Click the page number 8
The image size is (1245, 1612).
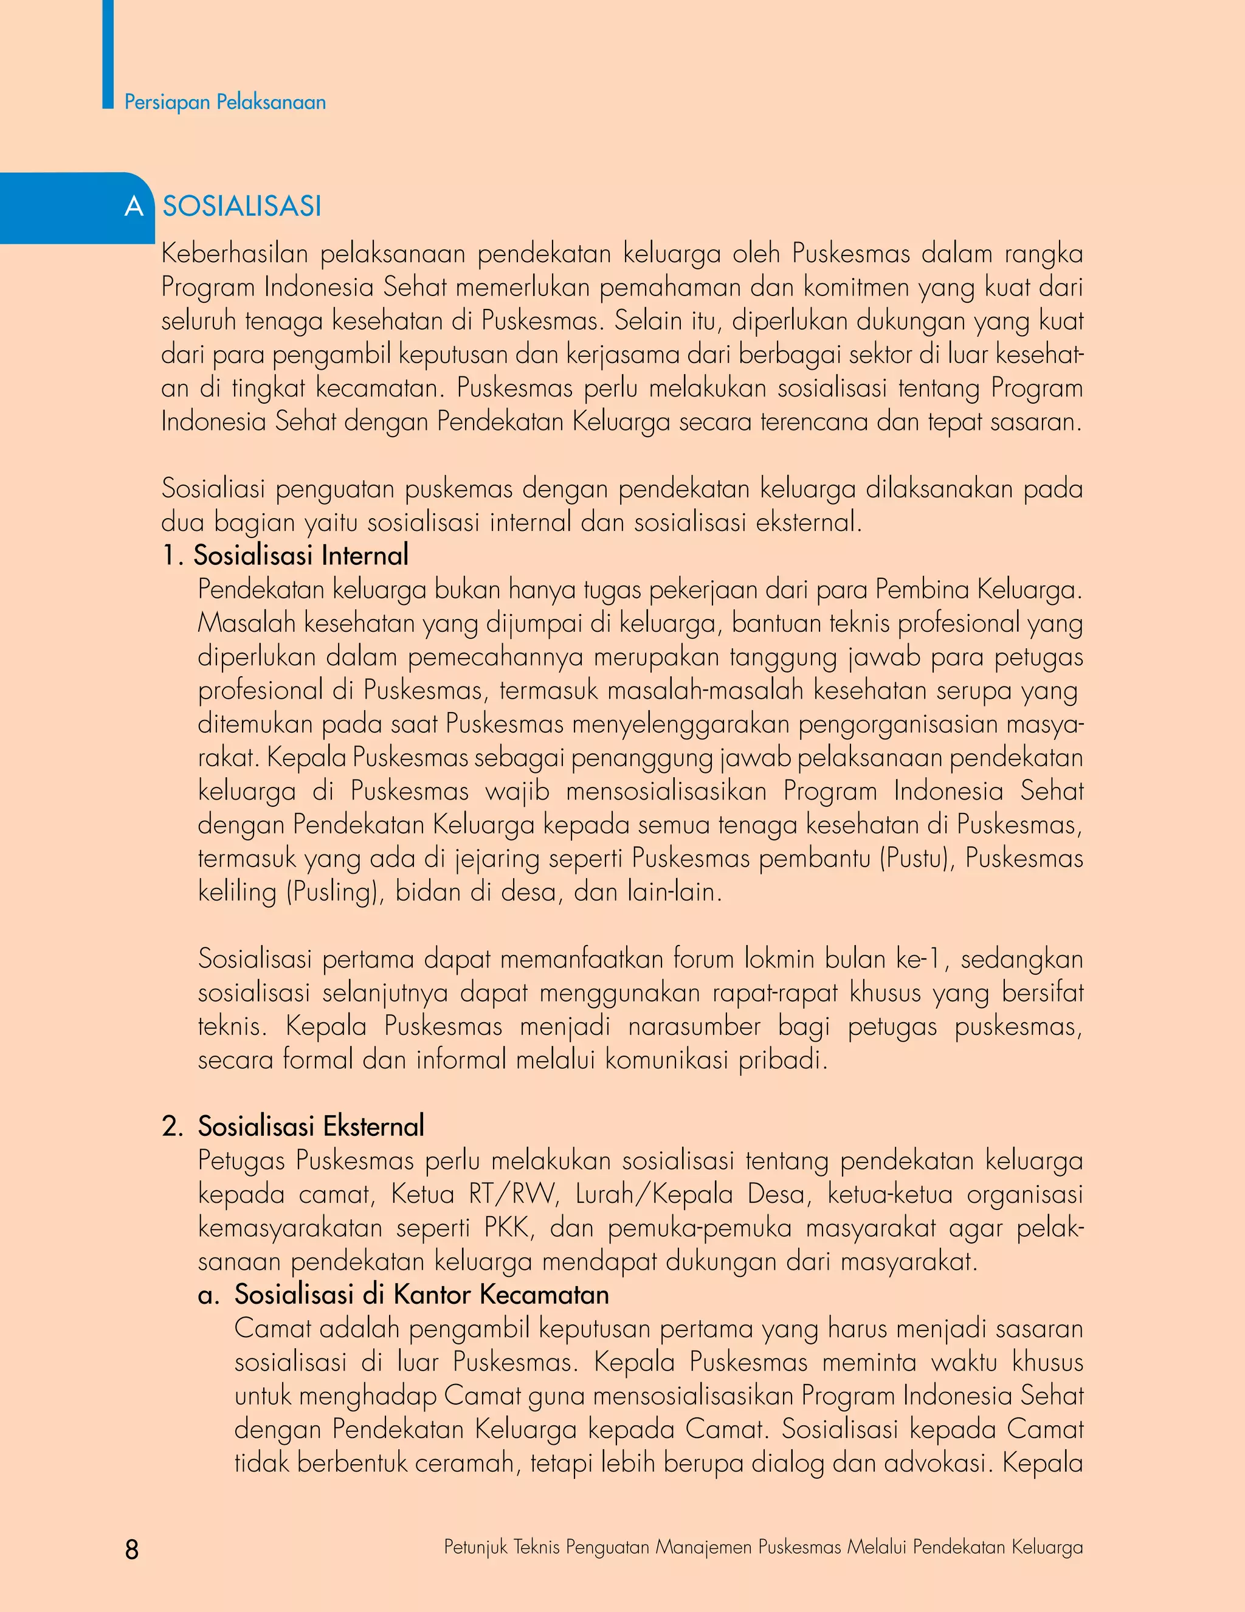click(132, 1549)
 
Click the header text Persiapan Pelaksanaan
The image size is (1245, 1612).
click(225, 102)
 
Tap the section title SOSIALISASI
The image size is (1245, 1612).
click(242, 206)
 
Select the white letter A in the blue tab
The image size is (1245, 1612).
click(134, 207)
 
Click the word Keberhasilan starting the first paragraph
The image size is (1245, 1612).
click(234, 254)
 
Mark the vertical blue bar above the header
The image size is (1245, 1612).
click(108, 52)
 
